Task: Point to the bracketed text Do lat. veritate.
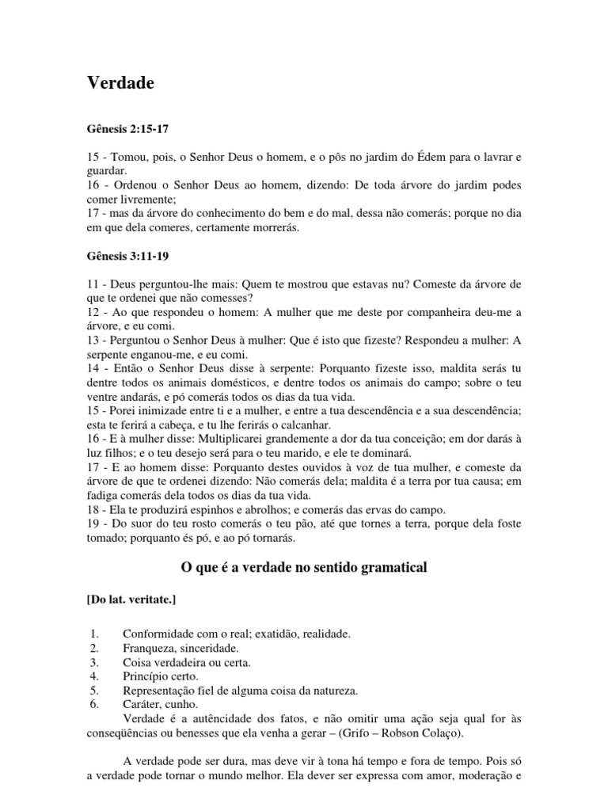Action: click(131, 600)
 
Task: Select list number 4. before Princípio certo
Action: click(93, 676)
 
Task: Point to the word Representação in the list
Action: click(160, 690)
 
